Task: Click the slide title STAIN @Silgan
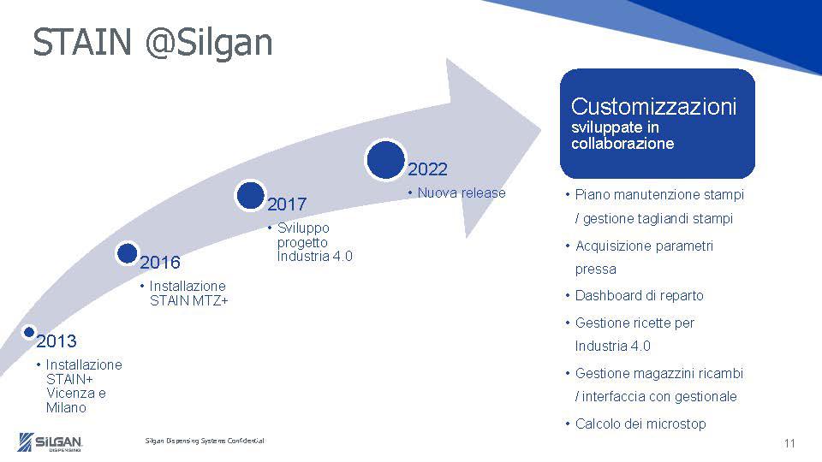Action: (x=152, y=43)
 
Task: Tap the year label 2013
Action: (x=57, y=341)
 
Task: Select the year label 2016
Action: (x=160, y=262)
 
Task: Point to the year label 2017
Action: (x=287, y=205)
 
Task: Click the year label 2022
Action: (x=427, y=169)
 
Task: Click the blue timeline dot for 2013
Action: (x=28, y=331)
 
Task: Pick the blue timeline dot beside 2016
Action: (x=127, y=252)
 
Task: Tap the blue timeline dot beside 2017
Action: (x=250, y=195)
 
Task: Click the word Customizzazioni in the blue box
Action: (x=653, y=107)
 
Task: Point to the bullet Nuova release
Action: (x=461, y=192)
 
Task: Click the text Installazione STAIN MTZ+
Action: (x=188, y=293)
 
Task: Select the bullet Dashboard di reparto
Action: (x=638, y=296)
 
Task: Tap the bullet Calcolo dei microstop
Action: (x=640, y=424)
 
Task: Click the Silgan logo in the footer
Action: (x=51, y=441)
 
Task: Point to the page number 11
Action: (x=789, y=443)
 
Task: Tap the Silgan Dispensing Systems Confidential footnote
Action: (x=205, y=441)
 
